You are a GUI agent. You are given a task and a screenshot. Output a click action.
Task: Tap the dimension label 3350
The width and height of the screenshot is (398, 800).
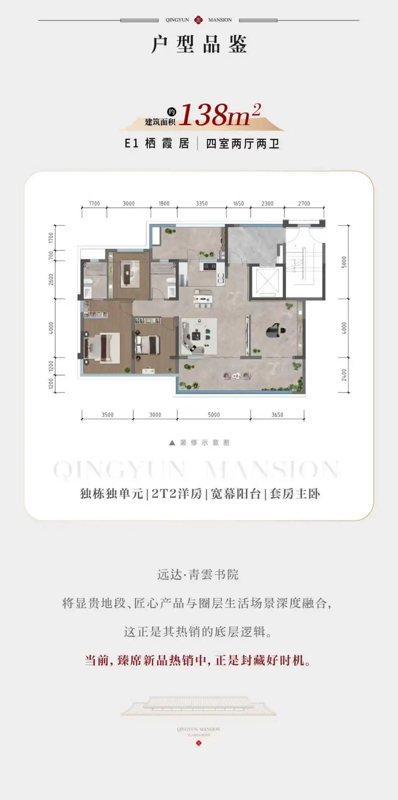coord(202,203)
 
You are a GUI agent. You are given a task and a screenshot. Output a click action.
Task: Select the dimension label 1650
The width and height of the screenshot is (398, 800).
coord(238,203)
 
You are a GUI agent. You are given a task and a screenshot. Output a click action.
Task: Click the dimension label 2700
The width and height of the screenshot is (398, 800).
coord(304,203)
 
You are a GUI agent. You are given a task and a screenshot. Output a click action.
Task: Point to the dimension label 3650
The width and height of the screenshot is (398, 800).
coord(277,415)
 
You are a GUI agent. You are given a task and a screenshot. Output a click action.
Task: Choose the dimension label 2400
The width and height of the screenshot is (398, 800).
coord(344,375)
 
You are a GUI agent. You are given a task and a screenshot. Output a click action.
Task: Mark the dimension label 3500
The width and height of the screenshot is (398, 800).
coord(108,415)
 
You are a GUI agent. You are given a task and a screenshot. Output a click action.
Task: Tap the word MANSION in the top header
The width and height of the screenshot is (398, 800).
coord(220,20)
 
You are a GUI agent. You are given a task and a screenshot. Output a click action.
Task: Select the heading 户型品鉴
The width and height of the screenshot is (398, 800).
coord(199,45)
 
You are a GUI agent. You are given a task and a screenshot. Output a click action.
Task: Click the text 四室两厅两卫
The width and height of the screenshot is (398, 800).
coord(242,144)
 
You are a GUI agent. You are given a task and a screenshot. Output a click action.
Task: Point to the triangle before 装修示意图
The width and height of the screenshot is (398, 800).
coord(172,443)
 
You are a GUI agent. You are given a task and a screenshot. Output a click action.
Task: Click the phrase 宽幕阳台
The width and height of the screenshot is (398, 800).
coord(235,493)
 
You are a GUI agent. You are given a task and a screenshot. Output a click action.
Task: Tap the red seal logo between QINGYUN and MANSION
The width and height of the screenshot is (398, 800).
coord(199,20)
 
